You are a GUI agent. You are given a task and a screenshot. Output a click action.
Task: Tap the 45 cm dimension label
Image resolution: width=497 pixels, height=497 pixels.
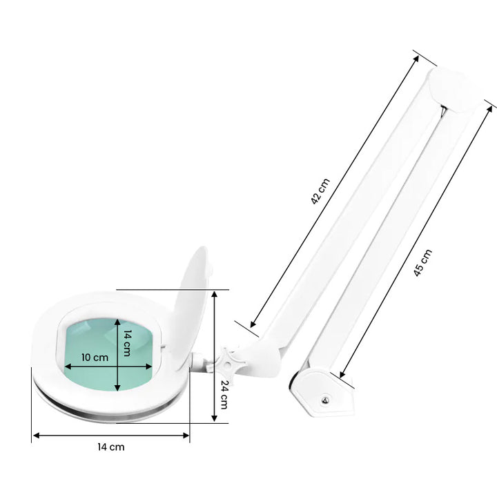(422, 263)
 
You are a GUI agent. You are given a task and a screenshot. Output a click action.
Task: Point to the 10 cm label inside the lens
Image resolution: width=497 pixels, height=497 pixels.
(95, 358)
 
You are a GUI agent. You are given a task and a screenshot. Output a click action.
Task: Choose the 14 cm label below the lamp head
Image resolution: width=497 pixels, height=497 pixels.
(112, 447)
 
